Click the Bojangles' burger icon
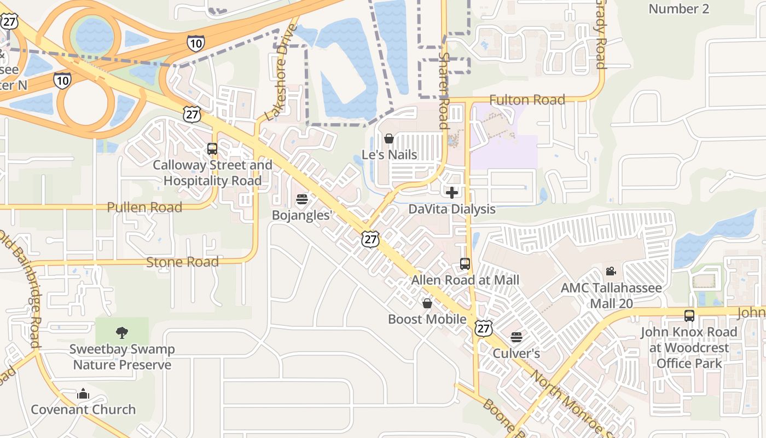pyautogui.click(x=301, y=199)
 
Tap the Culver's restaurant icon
pyautogui.click(x=517, y=337)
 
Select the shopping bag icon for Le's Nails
pyautogui.click(x=389, y=139)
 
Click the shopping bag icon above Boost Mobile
pyautogui.click(x=427, y=303)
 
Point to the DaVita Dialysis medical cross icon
pyautogui.click(x=452, y=193)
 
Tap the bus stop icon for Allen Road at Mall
pyautogui.click(x=465, y=264)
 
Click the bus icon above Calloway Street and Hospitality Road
pyautogui.click(x=212, y=148)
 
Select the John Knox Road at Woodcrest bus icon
pyautogui.click(x=689, y=315)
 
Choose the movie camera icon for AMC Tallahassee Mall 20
pyautogui.click(x=611, y=271)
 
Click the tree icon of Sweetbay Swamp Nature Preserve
pyautogui.click(x=122, y=332)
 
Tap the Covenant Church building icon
pyautogui.click(x=83, y=394)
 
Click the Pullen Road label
pyautogui.click(x=144, y=208)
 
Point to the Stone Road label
pyautogui.click(x=182, y=262)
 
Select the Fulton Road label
pyautogui.click(x=527, y=100)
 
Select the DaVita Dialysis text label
pyautogui.click(x=452, y=209)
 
